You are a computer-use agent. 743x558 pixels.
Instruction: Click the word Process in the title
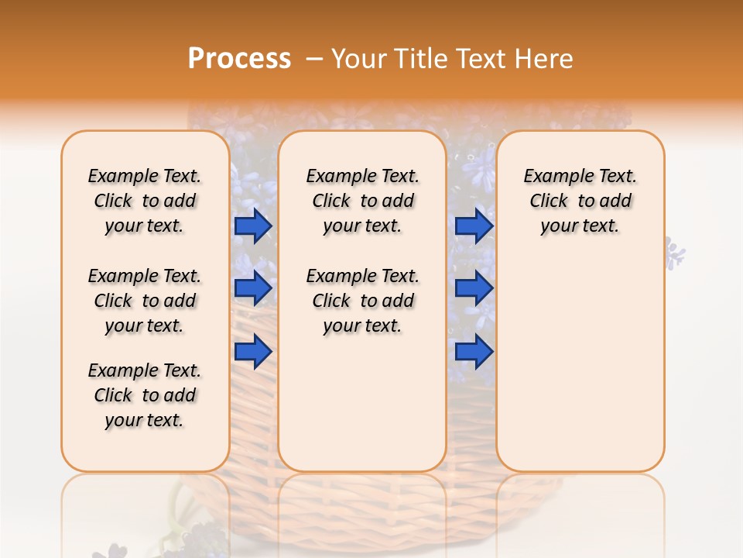coord(239,59)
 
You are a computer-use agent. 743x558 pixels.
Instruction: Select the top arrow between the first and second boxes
coord(252,226)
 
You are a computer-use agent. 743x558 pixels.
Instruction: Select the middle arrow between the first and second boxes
coord(252,288)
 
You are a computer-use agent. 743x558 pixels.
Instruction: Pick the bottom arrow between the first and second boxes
coord(252,351)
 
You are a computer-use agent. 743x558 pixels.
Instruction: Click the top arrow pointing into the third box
coord(474,226)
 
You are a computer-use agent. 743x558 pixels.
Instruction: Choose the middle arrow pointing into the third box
coord(474,288)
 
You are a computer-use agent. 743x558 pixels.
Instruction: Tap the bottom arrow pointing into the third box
coord(474,351)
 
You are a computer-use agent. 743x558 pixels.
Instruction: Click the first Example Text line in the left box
coord(145,176)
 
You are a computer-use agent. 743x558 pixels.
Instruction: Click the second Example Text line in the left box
coord(145,276)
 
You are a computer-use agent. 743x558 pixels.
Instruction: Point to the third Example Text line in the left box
coord(145,370)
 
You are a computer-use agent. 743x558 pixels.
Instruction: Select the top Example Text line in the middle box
coord(362,176)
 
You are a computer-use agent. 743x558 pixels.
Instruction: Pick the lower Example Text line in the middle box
coord(362,276)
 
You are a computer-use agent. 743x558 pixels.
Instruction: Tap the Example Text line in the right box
coord(580,176)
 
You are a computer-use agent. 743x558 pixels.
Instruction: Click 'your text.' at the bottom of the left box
coord(145,420)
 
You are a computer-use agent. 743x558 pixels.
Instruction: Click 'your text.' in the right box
coord(580,226)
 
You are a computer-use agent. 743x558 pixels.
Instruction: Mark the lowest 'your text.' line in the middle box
coord(362,325)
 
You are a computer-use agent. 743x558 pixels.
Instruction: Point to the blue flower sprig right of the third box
coord(675,254)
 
